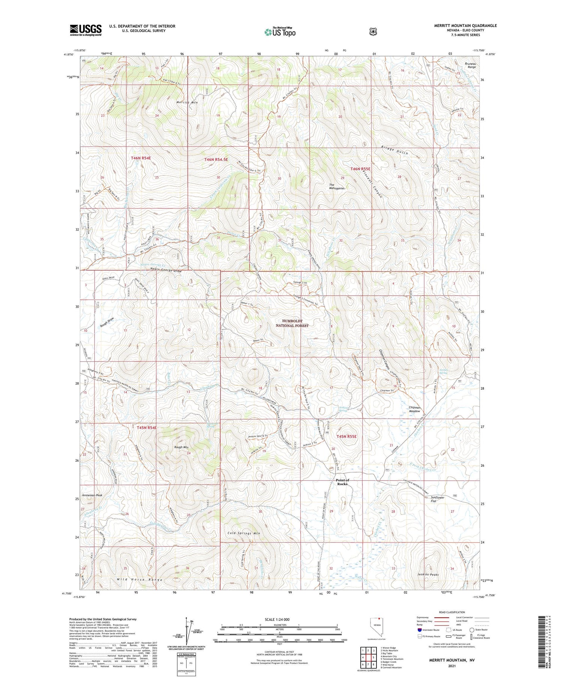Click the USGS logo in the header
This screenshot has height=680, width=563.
(x=86, y=30)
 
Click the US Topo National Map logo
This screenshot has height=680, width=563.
(x=280, y=32)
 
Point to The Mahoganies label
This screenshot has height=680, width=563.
(x=337, y=186)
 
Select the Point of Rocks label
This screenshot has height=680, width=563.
(x=342, y=482)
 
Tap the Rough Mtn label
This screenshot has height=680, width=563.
(x=181, y=447)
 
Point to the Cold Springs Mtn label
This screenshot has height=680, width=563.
(x=244, y=533)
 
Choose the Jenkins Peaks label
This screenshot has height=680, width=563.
(x=428, y=574)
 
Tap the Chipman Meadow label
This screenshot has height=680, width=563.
(x=414, y=409)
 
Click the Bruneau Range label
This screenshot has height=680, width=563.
(x=471, y=65)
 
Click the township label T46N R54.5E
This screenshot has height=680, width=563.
(x=216, y=159)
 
